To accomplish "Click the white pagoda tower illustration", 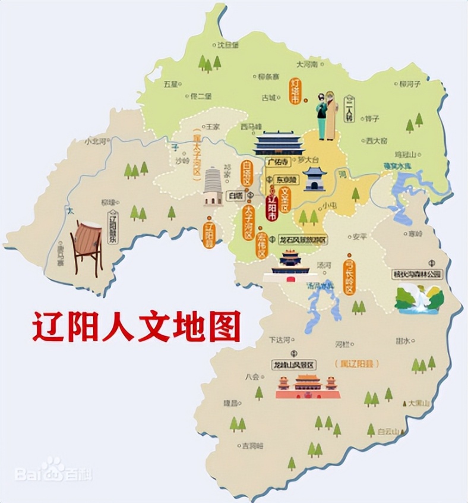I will click(x=213, y=186).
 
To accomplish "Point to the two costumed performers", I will click(x=327, y=116).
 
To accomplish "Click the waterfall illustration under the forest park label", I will click(x=419, y=298).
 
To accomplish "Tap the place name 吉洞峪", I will click(x=251, y=445).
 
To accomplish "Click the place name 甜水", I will click(x=403, y=341).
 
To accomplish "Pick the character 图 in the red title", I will click(x=224, y=326).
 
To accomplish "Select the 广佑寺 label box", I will click(x=277, y=162).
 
